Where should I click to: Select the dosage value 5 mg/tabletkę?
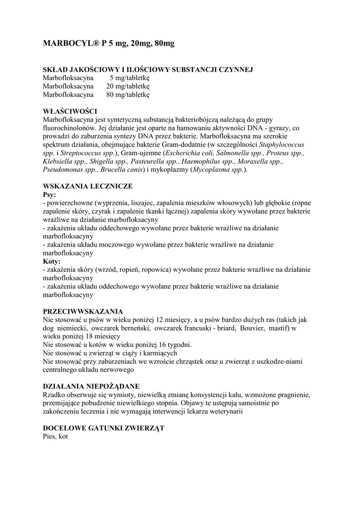tap(126, 78)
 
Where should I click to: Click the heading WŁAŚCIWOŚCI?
tap(70, 111)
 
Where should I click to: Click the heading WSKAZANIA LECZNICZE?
tap(88, 186)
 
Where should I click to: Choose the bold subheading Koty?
tap(52, 261)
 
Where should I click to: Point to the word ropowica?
tap(156, 270)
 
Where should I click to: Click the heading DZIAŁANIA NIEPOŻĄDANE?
tap(91, 386)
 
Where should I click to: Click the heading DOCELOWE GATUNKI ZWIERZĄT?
tap(103, 428)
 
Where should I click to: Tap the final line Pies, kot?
tap(55, 436)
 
